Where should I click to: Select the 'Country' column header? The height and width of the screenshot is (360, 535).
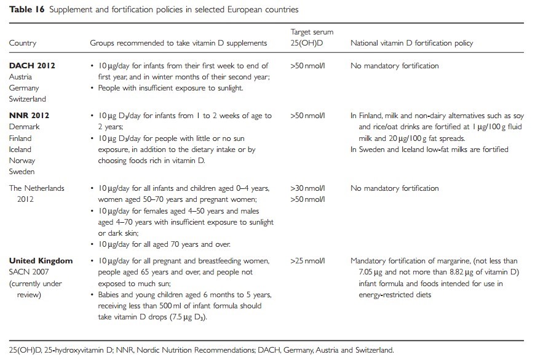(x=23, y=43)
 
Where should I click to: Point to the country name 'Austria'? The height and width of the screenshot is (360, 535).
(x=20, y=77)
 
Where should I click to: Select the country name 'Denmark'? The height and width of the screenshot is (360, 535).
(x=24, y=127)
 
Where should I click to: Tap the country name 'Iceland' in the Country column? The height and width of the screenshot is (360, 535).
(x=20, y=149)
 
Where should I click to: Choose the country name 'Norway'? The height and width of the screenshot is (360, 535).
(x=22, y=161)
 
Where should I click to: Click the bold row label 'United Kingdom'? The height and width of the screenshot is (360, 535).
(x=41, y=261)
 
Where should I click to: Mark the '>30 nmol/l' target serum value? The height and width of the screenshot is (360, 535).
(x=307, y=189)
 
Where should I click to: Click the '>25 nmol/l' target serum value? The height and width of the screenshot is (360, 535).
(x=307, y=261)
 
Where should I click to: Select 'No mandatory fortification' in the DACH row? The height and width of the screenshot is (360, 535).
(x=394, y=66)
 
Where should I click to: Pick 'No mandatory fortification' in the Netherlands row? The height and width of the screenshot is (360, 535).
(x=394, y=189)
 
